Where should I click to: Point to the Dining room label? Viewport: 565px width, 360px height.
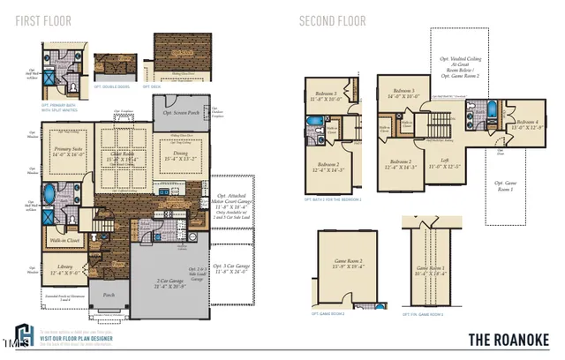click(177, 155)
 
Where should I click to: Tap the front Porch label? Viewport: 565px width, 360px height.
click(109, 296)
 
